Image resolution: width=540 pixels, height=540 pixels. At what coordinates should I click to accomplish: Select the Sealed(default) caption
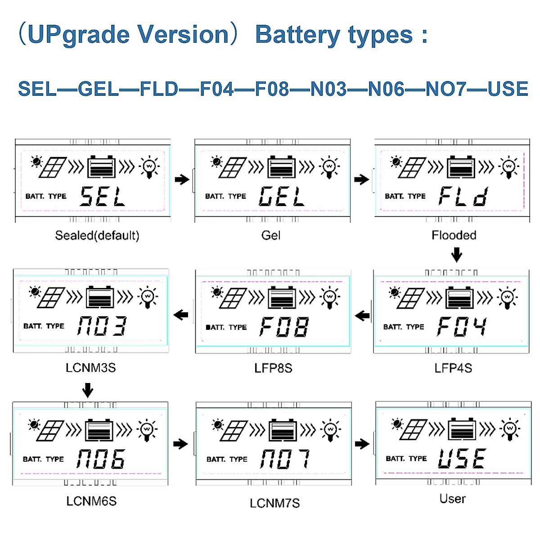[x=97, y=235]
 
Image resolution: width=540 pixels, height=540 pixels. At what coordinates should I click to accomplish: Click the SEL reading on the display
[x=103, y=197]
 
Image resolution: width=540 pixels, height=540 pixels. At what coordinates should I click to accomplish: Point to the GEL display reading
[x=282, y=197]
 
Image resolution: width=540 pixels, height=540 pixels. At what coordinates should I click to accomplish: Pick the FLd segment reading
[x=463, y=197]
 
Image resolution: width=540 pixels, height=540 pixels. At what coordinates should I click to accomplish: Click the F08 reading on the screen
[x=284, y=327]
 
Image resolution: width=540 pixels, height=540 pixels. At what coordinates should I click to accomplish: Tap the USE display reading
[x=462, y=459]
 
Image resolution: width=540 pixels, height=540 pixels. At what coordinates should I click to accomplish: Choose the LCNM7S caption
[x=274, y=503]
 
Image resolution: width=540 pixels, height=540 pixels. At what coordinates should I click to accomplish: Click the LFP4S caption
[x=453, y=368]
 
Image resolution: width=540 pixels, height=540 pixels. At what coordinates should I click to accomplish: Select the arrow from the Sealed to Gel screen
[x=182, y=180]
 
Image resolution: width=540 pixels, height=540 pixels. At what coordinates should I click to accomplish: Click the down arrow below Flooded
[x=457, y=255]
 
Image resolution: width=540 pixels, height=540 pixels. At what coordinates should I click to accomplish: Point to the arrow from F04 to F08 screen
[x=362, y=316]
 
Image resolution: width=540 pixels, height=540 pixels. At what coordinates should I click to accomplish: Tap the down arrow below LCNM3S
[x=88, y=389]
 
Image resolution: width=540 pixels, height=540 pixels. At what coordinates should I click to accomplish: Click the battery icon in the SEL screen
[x=102, y=167]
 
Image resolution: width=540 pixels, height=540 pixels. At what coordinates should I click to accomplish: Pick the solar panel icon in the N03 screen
[x=51, y=297]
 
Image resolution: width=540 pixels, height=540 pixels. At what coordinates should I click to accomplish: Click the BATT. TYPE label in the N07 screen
[x=227, y=459]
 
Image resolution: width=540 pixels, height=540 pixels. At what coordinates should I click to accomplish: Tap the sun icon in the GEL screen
[x=216, y=161]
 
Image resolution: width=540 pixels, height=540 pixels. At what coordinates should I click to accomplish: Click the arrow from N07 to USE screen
[x=362, y=444]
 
